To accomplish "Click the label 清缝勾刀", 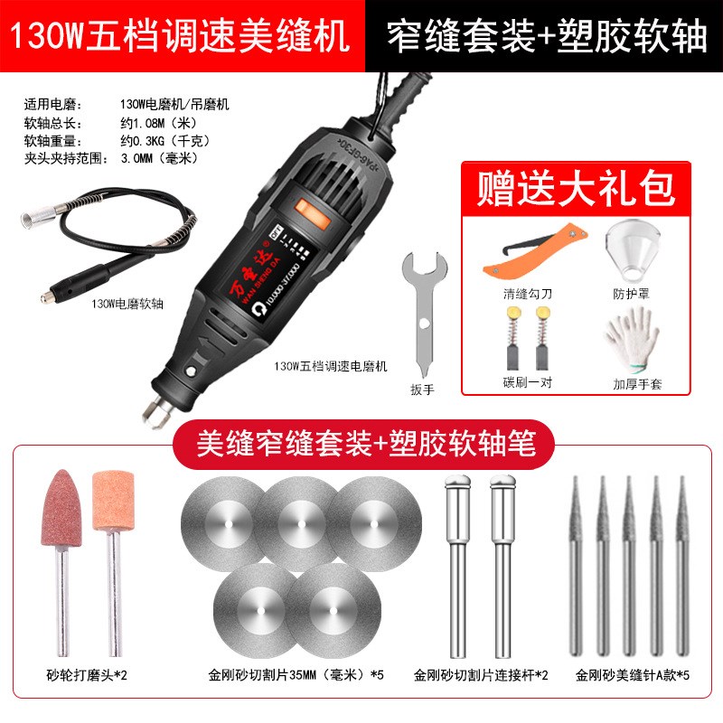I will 526,294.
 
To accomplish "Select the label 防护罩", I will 632,294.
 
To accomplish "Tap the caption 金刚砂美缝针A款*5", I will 630,674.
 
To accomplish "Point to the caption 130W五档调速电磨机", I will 332,367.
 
